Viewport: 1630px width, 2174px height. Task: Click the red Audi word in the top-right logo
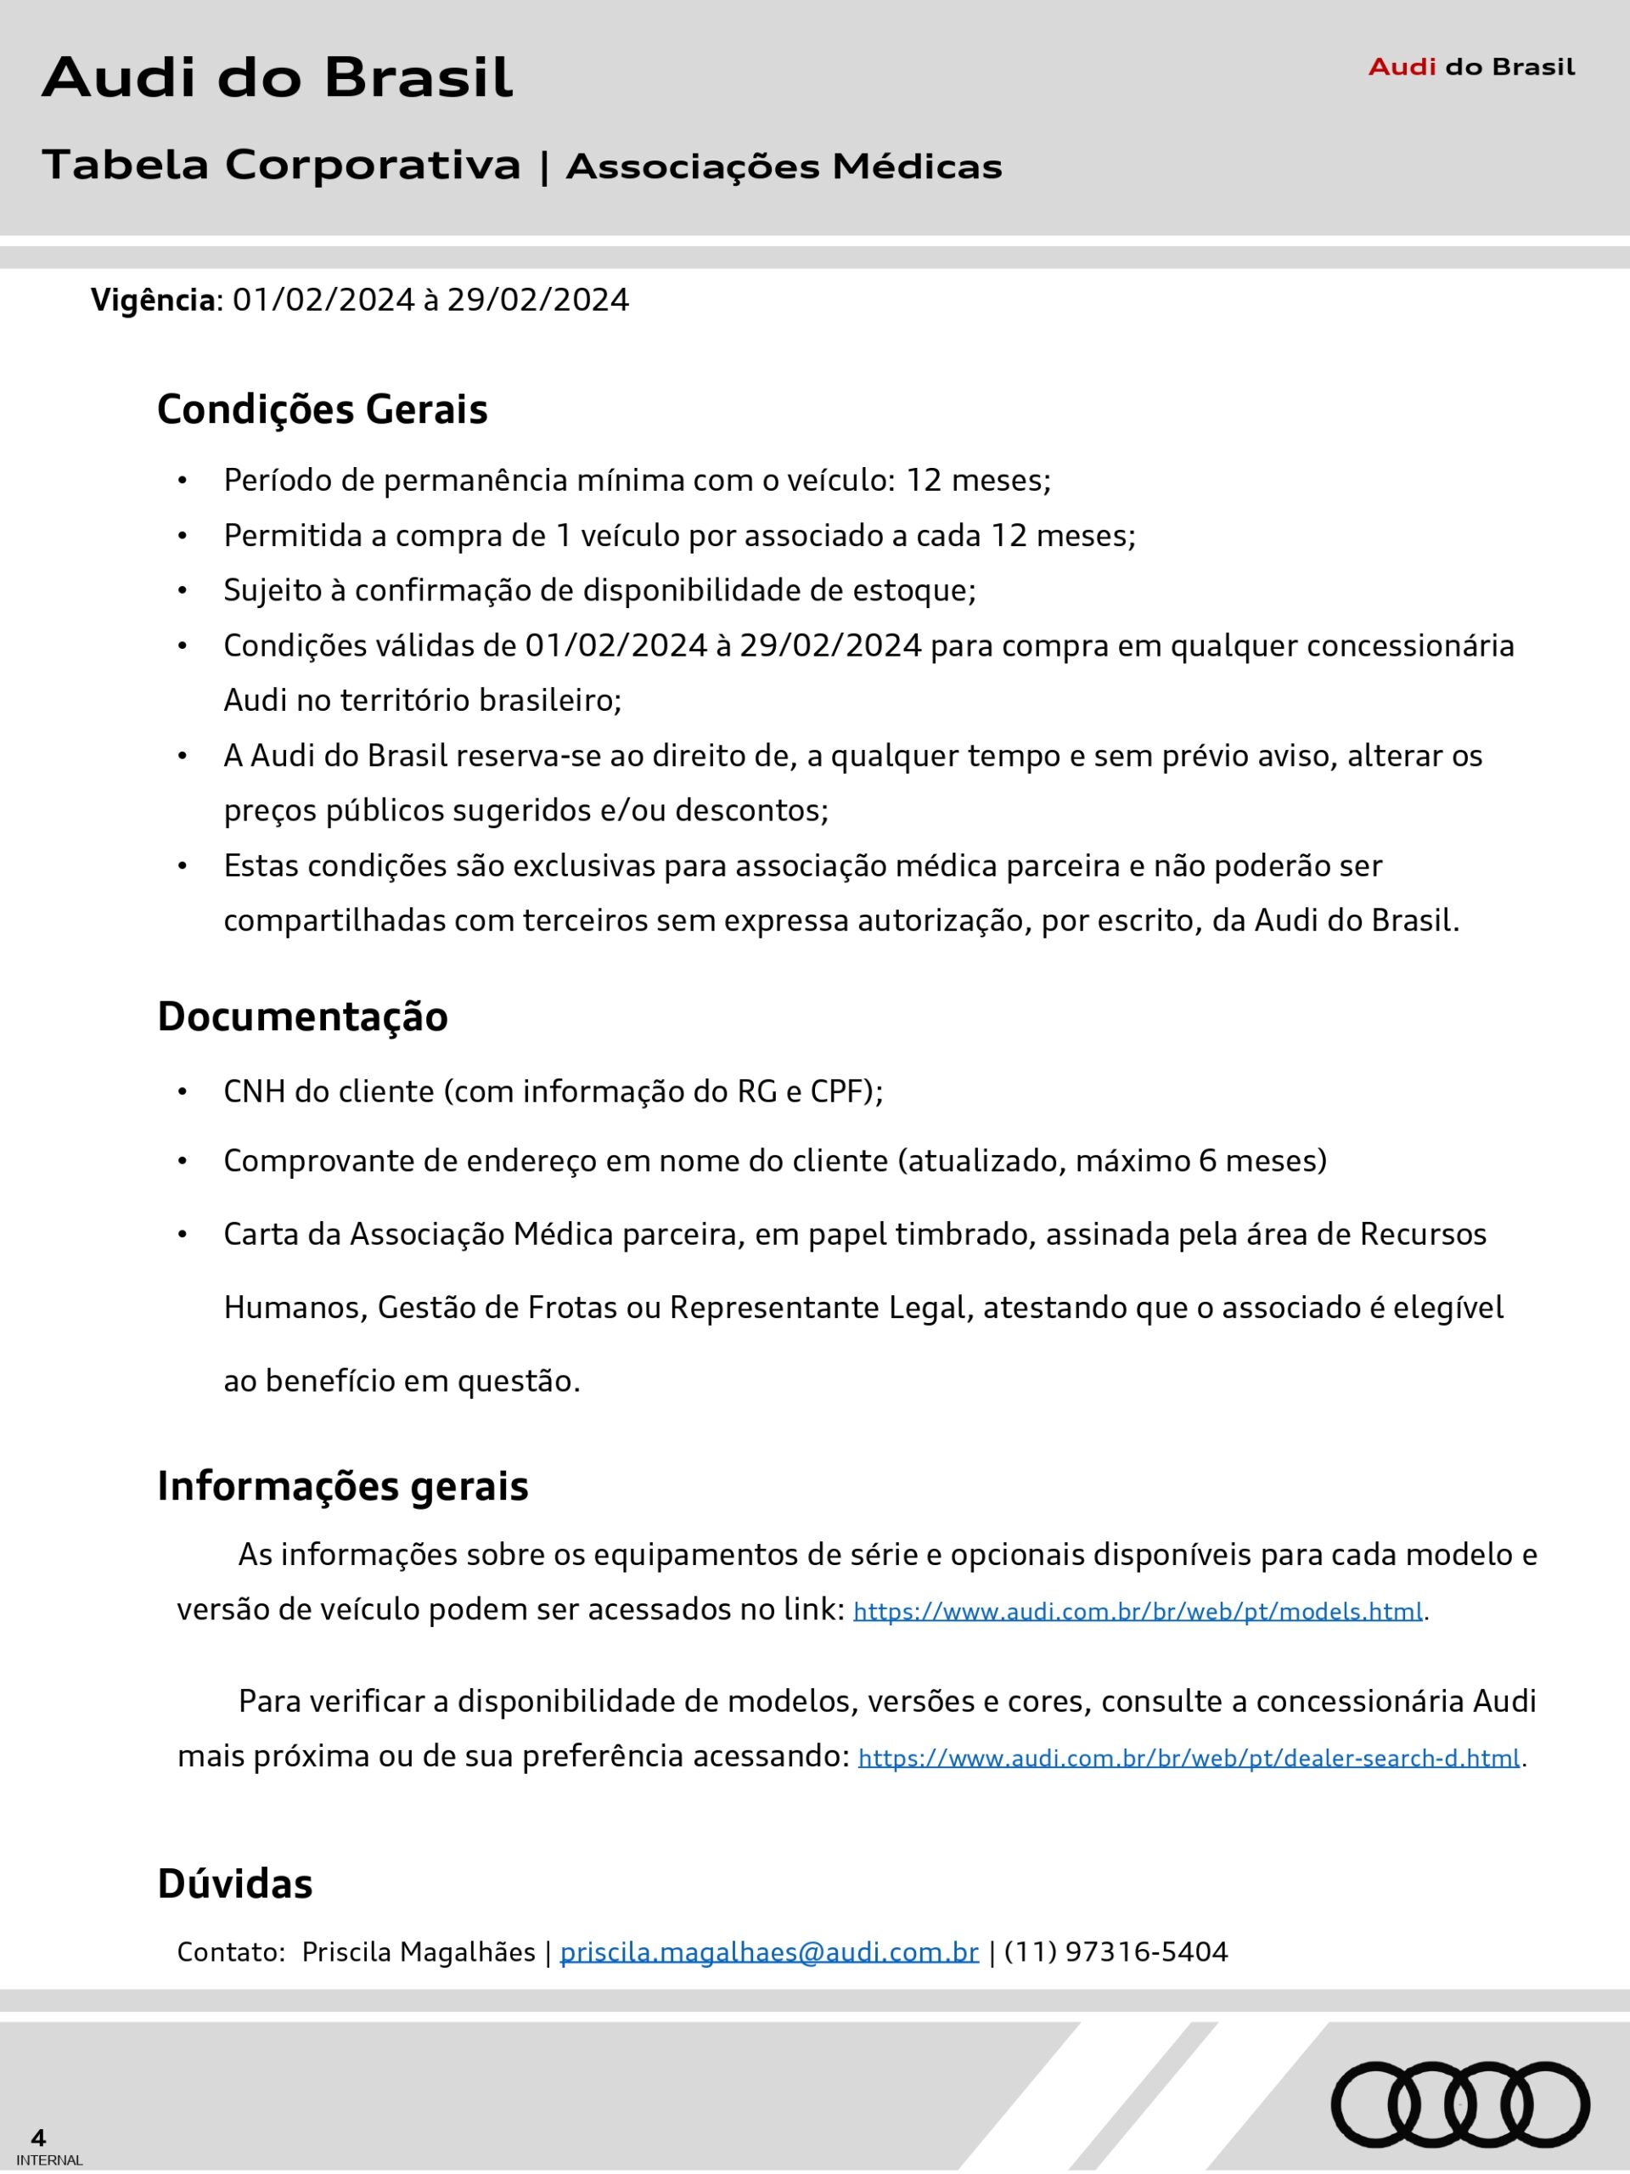coord(1402,67)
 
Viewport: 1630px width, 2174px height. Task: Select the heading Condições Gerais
coord(323,408)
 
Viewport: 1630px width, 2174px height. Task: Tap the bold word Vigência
coord(152,300)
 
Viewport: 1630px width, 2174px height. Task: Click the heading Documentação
coord(302,1017)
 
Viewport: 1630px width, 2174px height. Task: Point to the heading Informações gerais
coord(343,1486)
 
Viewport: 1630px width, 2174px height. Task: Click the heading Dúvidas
coord(235,1884)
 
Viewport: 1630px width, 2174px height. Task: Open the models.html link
coord(1138,1611)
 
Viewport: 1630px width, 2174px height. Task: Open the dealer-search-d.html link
coord(1189,1757)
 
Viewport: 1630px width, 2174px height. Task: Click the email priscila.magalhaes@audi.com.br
coord(769,1952)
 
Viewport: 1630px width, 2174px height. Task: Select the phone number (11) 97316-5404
coord(1116,1952)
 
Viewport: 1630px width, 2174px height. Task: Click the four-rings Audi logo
coord(1460,2104)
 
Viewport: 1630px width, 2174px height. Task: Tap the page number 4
coord(38,2137)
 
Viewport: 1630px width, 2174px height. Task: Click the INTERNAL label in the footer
coord(50,2160)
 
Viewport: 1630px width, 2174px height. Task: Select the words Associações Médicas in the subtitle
coord(784,167)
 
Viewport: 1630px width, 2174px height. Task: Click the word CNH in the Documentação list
coord(254,1092)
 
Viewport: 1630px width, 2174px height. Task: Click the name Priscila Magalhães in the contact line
coord(419,1952)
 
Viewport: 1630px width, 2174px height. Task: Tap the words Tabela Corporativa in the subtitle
coord(281,165)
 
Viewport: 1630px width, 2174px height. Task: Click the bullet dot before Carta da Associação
coord(182,1235)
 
